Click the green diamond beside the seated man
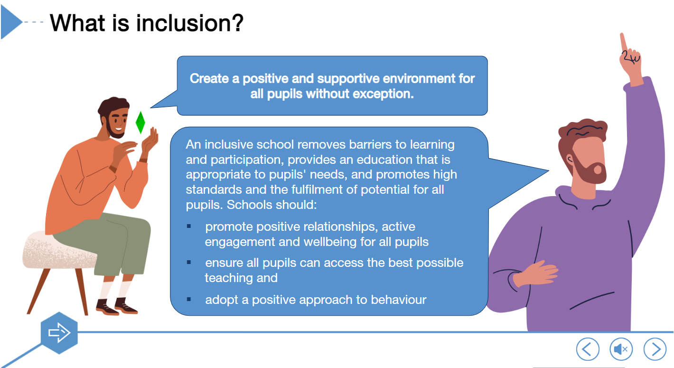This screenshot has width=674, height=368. point(140,123)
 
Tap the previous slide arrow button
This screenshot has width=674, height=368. point(588,349)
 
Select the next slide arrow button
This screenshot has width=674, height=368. point(655,349)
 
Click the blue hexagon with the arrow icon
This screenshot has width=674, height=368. point(59,333)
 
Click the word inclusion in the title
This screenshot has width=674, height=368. point(189,23)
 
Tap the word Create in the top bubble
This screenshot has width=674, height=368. point(209,78)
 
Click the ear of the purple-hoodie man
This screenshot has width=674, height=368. point(570,159)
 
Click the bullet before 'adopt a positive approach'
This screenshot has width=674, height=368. point(189,300)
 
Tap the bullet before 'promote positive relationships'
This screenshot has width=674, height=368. point(189,226)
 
